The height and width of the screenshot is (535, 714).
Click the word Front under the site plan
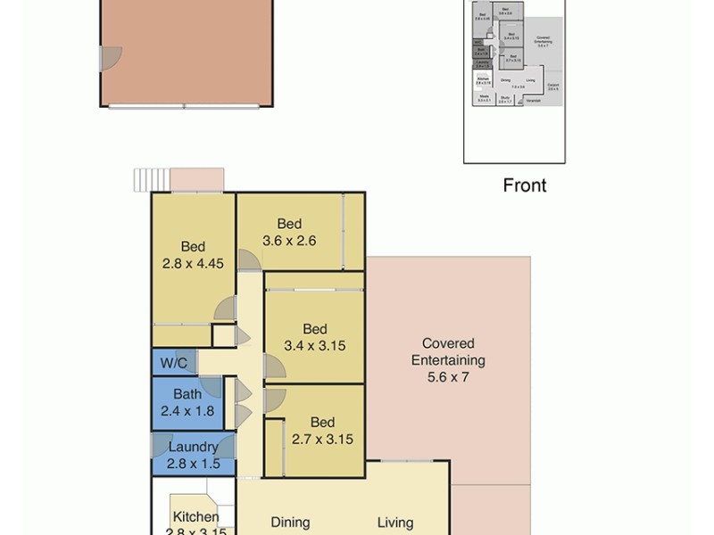[x=525, y=185]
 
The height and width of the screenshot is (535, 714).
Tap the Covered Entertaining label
[x=448, y=352]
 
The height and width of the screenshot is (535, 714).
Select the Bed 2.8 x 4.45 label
[x=193, y=255]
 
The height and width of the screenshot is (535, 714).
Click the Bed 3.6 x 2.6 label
[x=289, y=232]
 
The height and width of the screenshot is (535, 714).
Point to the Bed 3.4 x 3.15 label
[x=314, y=337]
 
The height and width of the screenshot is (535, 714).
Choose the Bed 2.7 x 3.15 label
[x=322, y=431]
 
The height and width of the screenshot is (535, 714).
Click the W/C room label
[x=173, y=363]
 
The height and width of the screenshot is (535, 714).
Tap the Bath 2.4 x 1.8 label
[x=187, y=402]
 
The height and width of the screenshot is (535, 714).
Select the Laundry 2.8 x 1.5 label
[x=193, y=455]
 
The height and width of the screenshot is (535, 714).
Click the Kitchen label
[x=195, y=517]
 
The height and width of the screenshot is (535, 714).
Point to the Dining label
[x=290, y=523]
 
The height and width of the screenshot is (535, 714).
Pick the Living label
[x=394, y=523]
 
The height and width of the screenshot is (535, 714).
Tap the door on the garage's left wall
[x=110, y=59]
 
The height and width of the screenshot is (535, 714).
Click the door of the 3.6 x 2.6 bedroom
[x=250, y=259]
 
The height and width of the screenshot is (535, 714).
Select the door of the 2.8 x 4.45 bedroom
[x=225, y=309]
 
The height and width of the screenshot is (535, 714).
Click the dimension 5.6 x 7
[x=448, y=377]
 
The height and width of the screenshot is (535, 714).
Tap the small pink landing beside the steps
[x=196, y=179]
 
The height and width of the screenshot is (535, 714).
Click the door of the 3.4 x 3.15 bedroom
[x=273, y=366]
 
